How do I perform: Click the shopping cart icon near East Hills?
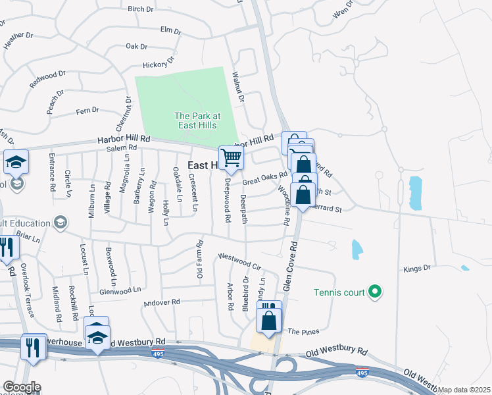(231, 157)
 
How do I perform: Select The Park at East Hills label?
(197, 120)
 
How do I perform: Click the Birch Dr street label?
(140, 9)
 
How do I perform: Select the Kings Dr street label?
(416, 269)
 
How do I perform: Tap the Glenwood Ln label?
(120, 289)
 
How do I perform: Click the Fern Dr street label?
(87, 111)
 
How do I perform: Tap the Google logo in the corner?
(21, 387)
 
